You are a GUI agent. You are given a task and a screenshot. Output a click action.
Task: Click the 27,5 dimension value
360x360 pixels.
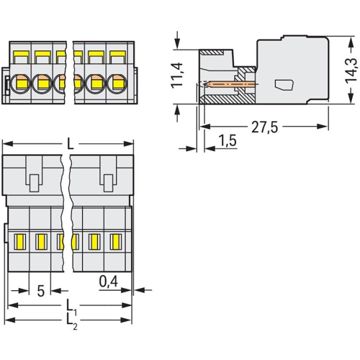tap(264, 127)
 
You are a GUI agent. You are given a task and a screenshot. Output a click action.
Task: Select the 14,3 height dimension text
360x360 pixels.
tap(352, 70)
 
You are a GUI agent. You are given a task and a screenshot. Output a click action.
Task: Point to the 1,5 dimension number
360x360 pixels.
tap(228, 140)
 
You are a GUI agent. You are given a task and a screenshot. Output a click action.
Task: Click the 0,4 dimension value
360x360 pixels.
tap(109, 282)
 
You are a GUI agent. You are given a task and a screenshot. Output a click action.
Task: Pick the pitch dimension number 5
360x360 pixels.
tap(41, 291)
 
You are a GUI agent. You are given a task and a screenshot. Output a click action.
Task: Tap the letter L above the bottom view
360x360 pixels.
tap(70, 144)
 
